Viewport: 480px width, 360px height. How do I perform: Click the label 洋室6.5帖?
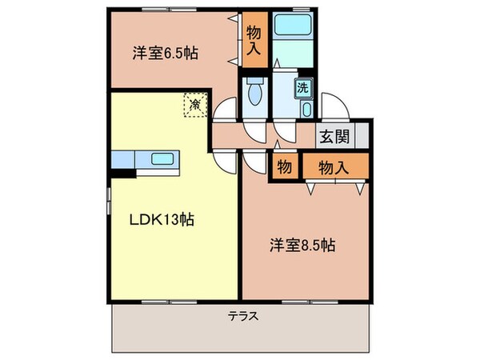[165, 54]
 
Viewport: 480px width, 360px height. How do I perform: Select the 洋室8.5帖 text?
[302, 246]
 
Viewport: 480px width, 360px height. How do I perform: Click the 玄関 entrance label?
[335, 136]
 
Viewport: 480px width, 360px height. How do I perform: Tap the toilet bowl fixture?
[256, 95]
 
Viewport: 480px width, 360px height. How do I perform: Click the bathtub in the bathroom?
[293, 26]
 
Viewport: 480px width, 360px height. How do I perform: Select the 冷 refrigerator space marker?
[194, 103]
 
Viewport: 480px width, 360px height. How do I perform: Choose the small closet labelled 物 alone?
[283, 166]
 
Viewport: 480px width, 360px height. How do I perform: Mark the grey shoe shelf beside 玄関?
[362, 136]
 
